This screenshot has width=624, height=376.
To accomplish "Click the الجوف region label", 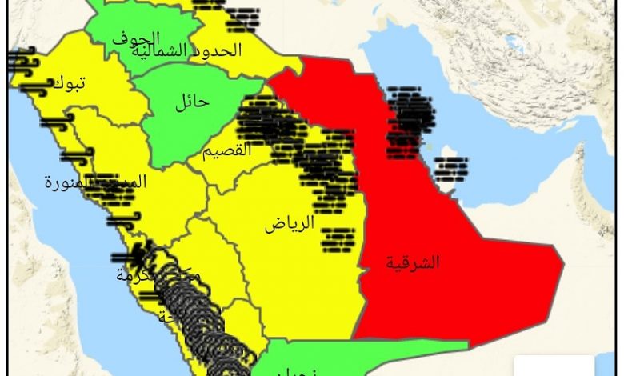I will [136, 38].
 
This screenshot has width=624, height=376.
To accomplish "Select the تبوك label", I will [69, 82].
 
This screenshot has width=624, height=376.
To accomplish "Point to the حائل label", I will [191, 102].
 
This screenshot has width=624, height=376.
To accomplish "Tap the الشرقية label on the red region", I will [413, 262].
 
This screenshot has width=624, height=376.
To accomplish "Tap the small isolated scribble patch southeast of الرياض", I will [337, 239].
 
